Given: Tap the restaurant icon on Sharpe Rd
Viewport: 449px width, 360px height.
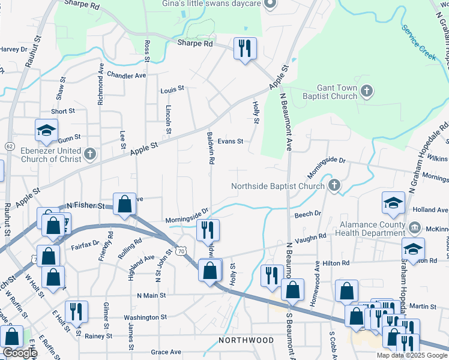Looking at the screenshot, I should click(x=244, y=49).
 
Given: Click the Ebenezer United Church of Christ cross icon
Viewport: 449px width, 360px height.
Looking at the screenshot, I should click(x=89, y=154).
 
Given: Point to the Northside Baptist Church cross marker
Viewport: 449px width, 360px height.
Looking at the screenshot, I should click(x=334, y=186).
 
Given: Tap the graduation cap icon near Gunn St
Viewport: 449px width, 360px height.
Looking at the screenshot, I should click(x=46, y=130).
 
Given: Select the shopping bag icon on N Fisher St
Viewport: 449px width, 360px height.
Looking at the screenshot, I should click(x=124, y=204).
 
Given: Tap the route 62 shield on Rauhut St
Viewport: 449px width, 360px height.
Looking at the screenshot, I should click(x=9, y=146).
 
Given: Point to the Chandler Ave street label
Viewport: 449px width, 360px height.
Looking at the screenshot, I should click(x=127, y=76).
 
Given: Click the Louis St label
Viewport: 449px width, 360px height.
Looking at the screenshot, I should click(x=172, y=89).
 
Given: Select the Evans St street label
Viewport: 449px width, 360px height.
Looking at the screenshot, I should click(x=230, y=142).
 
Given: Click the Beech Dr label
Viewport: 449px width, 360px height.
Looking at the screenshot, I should click(x=308, y=214).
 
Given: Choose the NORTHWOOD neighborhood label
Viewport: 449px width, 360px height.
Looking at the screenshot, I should click(x=246, y=340).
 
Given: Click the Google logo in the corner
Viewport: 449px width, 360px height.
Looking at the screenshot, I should click(x=20, y=353).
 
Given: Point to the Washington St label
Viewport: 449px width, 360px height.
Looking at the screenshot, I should click(x=145, y=317).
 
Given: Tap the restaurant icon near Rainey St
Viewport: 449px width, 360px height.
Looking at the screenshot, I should click(x=77, y=311).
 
